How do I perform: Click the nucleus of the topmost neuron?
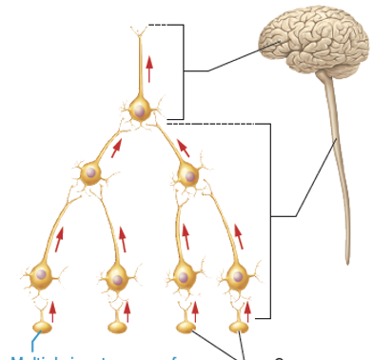coord(139,111)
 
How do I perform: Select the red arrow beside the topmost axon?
coord(149,53)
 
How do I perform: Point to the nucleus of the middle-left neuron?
coord(91,173)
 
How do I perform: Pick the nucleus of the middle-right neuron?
coord(190,176)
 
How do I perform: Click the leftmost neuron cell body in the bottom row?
coord(41,275)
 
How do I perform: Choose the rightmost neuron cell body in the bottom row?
coord(234,277)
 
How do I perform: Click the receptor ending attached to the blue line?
coord(42,327)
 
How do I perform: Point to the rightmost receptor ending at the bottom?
coord(238,327)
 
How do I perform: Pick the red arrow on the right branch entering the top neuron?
coord(185,147)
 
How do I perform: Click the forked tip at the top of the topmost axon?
coord(139,34)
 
